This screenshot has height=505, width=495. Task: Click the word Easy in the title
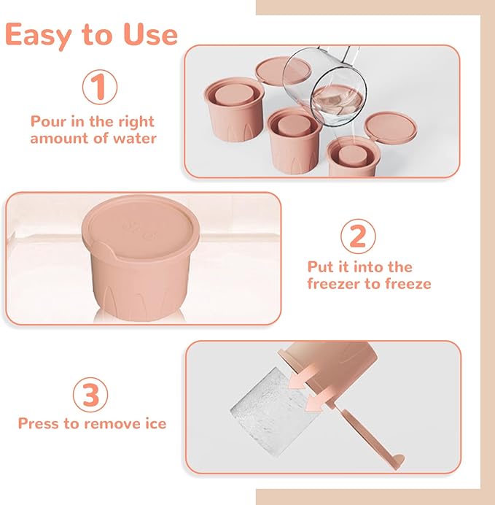tap(38, 35)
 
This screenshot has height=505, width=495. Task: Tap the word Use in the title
tap(151, 34)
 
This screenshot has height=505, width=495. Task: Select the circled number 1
tap(100, 87)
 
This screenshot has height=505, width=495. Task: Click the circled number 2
tap(358, 236)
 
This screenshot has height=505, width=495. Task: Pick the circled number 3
tap(90, 395)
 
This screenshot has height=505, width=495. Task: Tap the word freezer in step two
tap(334, 284)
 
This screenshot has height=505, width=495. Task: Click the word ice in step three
tap(156, 423)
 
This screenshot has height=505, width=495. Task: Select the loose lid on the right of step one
tap(391, 128)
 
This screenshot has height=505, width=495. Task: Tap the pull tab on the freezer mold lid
tap(102, 249)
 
